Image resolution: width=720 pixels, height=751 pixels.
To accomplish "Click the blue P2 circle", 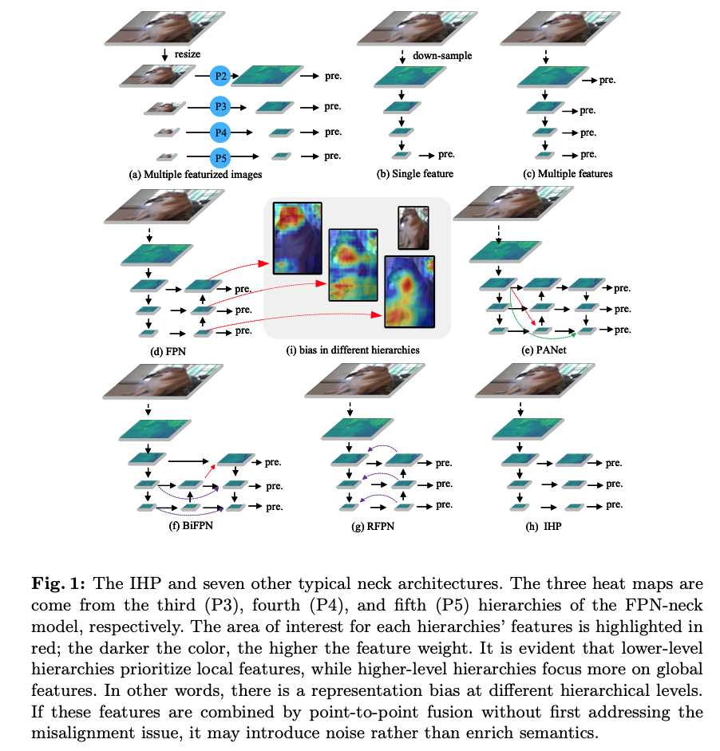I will coord(221,76).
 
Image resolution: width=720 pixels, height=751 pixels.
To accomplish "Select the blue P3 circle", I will coord(221,106).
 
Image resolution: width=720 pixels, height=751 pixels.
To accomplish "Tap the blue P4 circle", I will coord(221,132).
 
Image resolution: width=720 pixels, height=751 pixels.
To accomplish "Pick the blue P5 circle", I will coord(221,156).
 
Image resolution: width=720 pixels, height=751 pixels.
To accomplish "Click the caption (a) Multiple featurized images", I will coord(195,173).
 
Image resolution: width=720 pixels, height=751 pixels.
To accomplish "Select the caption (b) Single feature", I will coord(415,173).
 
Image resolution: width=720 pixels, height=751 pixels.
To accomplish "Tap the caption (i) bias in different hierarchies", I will coord(355,348).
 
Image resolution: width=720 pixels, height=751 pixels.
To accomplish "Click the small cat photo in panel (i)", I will coord(413,227).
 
